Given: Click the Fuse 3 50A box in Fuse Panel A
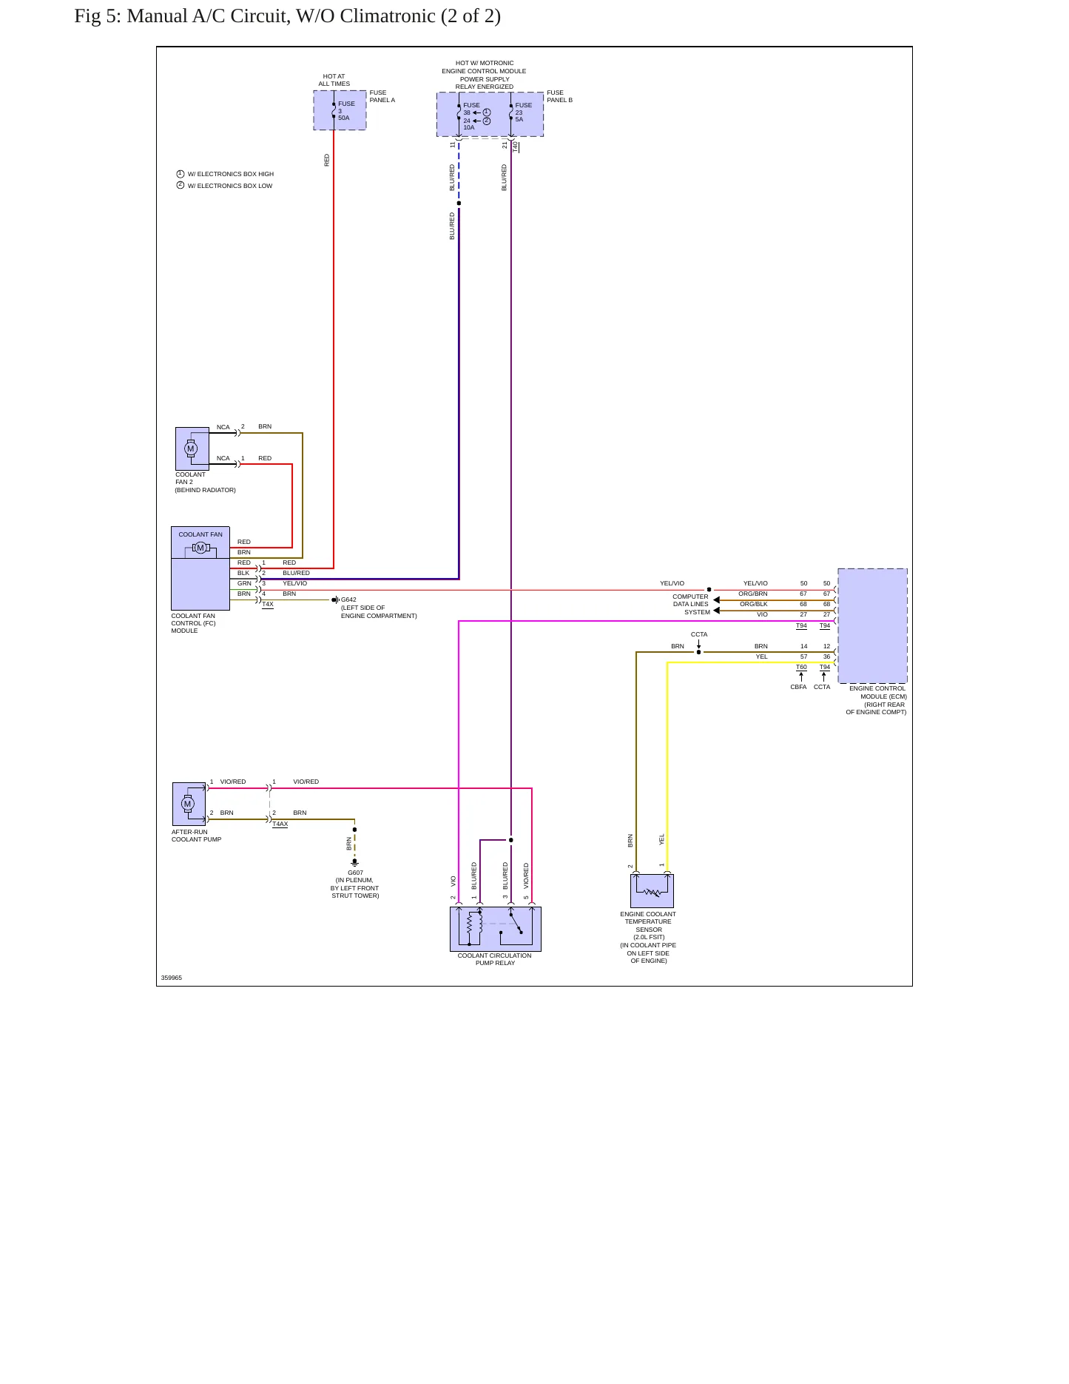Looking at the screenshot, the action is pos(340,110).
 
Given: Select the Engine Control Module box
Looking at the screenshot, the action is pos(872,626).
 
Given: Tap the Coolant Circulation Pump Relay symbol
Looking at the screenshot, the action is pos(496,929).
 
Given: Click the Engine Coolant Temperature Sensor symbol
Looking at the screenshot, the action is pos(652,890).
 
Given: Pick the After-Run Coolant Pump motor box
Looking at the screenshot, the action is pos(189,804).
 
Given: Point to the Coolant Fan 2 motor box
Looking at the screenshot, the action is pos(192,449).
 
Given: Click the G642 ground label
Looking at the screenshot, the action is pos(348,599).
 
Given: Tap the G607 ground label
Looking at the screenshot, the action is pos(355,873).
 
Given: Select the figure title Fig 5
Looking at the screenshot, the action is pos(287,16).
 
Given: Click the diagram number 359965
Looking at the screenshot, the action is pos(172,978).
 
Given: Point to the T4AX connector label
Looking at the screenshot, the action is pos(280,824).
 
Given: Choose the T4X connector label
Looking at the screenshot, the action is pos(268,605).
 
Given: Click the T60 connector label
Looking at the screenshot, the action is pos(801,667).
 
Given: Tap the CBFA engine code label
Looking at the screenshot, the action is pos(798,687).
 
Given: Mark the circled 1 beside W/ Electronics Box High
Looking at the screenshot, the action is pos(181,174).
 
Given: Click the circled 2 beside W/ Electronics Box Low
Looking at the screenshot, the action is pos(181,185).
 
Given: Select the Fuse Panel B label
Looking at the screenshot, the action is pos(560,96).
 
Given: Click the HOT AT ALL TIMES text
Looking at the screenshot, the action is pos(334,80).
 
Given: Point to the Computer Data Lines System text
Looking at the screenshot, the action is pos(691,604).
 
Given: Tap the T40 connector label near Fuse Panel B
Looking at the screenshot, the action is pos(516,147).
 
